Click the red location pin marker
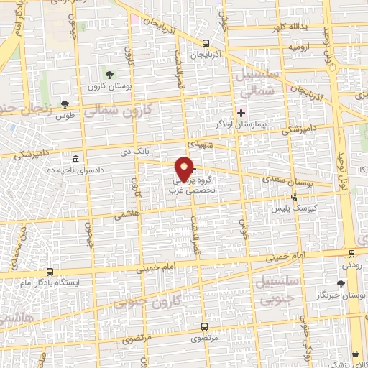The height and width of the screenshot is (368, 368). click(x=185, y=168)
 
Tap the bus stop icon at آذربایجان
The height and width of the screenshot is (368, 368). click(x=207, y=42)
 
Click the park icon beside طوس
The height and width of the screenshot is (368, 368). click(x=65, y=104)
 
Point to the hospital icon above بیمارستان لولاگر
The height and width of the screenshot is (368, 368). click(x=241, y=113)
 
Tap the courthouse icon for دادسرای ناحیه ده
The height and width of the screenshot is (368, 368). click(x=76, y=159)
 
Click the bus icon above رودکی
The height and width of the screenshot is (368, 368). click(x=351, y=254)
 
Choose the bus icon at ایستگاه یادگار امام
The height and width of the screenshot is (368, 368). click(x=50, y=272)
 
